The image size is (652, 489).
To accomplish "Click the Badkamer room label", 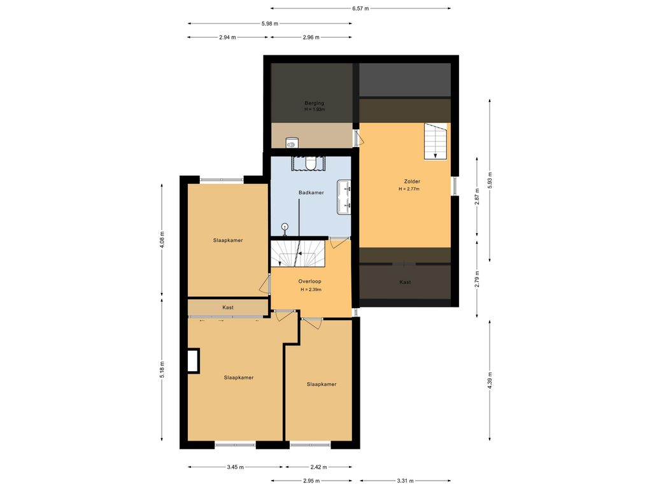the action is [x=311, y=192].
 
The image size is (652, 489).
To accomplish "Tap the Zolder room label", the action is [x=412, y=181].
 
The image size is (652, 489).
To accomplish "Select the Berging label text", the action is [x=315, y=103].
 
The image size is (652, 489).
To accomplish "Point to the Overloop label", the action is [x=310, y=281].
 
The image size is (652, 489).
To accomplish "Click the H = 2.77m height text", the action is [x=409, y=188].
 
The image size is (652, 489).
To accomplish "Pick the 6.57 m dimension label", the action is [x=360, y=8].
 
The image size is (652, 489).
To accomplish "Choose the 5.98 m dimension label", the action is [x=270, y=24].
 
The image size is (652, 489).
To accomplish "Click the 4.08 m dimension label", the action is [x=162, y=240].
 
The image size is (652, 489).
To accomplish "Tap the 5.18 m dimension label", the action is [x=162, y=369].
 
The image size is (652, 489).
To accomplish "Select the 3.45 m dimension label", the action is [x=236, y=467].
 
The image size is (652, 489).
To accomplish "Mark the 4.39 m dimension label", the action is [x=490, y=381].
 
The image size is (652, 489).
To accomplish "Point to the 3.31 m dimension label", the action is [x=405, y=481].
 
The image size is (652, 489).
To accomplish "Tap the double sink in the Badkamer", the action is [x=344, y=197].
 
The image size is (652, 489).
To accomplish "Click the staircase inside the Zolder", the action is [x=436, y=141].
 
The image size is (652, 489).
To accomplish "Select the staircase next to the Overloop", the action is [x=297, y=253].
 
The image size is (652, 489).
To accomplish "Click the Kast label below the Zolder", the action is [x=405, y=282].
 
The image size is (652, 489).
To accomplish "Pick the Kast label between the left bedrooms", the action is [x=228, y=308].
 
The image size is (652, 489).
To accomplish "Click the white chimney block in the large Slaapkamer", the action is [x=193, y=361].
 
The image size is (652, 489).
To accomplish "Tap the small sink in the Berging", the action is [x=292, y=143].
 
